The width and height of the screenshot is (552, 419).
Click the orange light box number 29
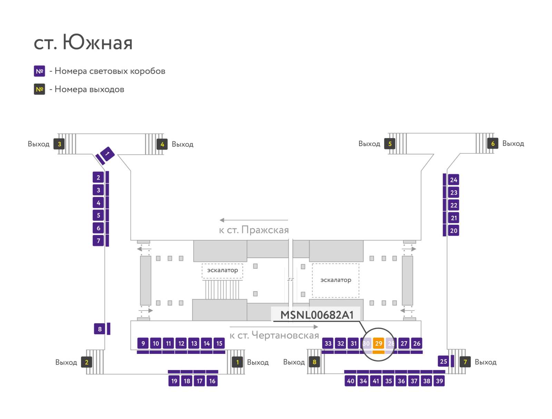coord(378,343)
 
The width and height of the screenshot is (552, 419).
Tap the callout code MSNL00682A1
coord(317,315)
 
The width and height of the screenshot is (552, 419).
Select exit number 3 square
coord(59,144)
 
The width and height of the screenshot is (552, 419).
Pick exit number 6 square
coord(492,143)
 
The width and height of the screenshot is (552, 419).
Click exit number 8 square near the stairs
coord(314,362)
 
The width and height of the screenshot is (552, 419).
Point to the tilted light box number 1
coord(107,154)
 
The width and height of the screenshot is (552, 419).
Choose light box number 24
coord(453,180)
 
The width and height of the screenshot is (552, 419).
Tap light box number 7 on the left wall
coord(98,241)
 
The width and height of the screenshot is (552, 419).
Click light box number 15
coord(219,343)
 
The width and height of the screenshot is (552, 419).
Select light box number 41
coord(376,381)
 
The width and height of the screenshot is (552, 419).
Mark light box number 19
coord(174,381)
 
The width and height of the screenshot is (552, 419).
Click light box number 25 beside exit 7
coord(443,361)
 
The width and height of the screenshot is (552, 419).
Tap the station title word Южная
coord(98,42)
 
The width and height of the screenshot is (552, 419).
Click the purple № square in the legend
coord(39,71)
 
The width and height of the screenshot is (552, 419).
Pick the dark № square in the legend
coord(39,89)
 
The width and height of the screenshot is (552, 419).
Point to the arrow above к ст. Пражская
coord(254,220)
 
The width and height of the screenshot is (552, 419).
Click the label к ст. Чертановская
coord(274,335)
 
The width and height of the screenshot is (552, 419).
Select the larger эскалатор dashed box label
coord(335,280)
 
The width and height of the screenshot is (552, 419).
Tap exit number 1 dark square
coord(237,362)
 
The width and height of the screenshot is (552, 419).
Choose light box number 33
coord(328,343)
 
